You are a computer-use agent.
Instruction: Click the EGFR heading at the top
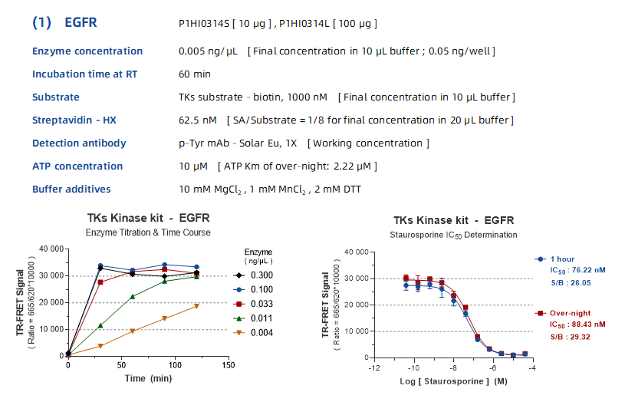pos(81,23)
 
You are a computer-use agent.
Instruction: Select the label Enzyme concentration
pos(87,51)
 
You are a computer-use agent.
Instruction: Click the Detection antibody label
pos(79,143)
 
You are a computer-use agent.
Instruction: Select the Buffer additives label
pos(71,189)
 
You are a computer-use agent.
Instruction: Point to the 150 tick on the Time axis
pos(228,365)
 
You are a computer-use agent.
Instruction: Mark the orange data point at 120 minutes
pos(196,306)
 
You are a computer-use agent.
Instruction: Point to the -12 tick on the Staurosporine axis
pos(374,366)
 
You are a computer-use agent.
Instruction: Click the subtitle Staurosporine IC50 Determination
pos(452,235)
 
